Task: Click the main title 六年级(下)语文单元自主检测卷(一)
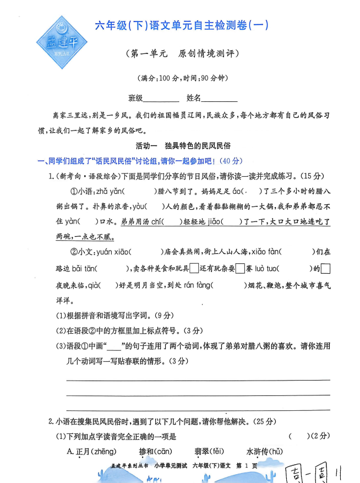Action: pos(182,25)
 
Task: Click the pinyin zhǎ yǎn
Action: pos(110,192)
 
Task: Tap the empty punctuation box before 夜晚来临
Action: pos(325,269)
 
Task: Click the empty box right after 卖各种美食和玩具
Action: pos(193,269)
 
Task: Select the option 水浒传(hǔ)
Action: pos(265,452)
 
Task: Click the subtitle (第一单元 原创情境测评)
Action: pos(182,54)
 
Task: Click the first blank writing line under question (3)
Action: pos(198,379)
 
